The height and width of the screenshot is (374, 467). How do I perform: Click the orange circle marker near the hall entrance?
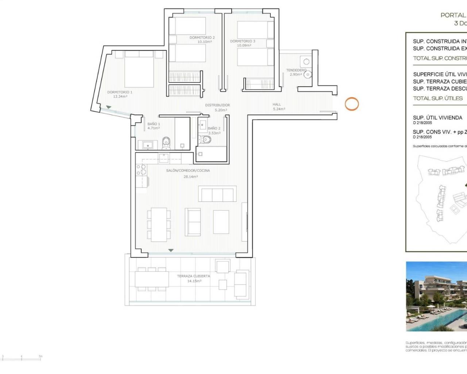[352, 104]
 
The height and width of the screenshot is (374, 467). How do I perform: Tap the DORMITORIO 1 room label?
[120, 92]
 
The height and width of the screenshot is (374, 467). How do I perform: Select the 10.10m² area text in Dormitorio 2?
[204, 42]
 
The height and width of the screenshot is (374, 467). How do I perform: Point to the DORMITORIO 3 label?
[243, 41]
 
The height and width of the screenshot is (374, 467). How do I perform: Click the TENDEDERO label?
[296, 70]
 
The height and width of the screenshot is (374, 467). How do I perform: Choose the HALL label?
[277, 104]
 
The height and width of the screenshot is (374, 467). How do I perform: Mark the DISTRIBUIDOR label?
[217, 105]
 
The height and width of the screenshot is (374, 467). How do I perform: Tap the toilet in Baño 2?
[203, 139]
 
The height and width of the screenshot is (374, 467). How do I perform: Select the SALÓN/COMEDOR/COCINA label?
[188, 171]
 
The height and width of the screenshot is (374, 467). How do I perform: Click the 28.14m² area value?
[190, 177]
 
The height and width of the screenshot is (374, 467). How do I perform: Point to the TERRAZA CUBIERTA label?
[193, 276]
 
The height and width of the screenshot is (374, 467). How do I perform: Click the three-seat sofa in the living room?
[216, 194]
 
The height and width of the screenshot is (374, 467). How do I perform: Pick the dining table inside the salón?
[159, 224]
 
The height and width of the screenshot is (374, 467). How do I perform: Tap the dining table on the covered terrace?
[152, 279]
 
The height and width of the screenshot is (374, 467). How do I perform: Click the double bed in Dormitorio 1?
[139, 69]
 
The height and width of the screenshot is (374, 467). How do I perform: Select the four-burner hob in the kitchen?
[141, 170]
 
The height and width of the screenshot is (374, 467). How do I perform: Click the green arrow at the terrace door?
[171, 251]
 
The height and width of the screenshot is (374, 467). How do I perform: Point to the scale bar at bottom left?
[22, 358]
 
